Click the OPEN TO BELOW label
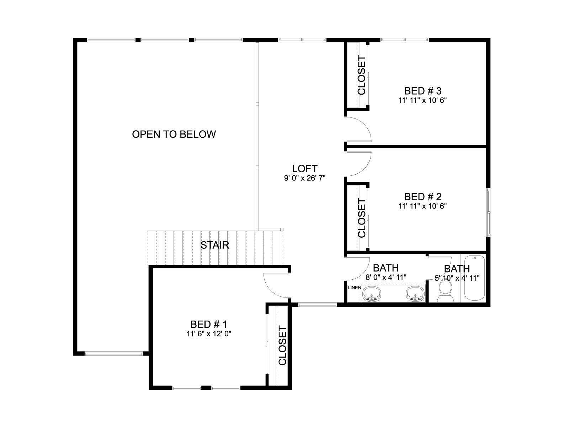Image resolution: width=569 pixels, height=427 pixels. pyautogui.click(x=174, y=134)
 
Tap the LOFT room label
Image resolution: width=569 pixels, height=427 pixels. pyautogui.click(x=304, y=169)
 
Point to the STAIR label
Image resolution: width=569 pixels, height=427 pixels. pyautogui.click(x=215, y=245)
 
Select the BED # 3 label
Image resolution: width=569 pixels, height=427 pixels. pyautogui.click(x=423, y=91)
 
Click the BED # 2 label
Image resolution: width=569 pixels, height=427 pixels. pyautogui.click(x=423, y=197)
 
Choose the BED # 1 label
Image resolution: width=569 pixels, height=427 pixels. pyautogui.click(x=209, y=324)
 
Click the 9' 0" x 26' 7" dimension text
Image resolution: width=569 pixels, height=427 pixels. pyautogui.click(x=304, y=178)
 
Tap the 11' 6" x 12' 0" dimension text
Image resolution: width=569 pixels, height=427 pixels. pyautogui.click(x=209, y=334)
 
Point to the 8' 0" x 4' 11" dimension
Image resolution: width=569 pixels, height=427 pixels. pyautogui.click(x=386, y=278)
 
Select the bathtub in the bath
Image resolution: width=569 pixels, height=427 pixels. pyautogui.click(x=475, y=278)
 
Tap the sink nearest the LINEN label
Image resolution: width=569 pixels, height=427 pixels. pyautogui.click(x=372, y=294)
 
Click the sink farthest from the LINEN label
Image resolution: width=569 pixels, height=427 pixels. pyautogui.click(x=415, y=294)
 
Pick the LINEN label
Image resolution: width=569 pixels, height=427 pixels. pyautogui.click(x=354, y=288)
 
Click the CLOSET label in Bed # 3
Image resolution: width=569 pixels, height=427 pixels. pyautogui.click(x=361, y=75)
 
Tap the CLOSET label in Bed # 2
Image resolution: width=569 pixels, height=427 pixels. pyautogui.click(x=361, y=218)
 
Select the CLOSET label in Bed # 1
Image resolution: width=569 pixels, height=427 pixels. pyautogui.click(x=282, y=346)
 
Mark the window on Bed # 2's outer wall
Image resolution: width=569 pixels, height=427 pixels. pyautogui.click(x=489, y=212)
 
